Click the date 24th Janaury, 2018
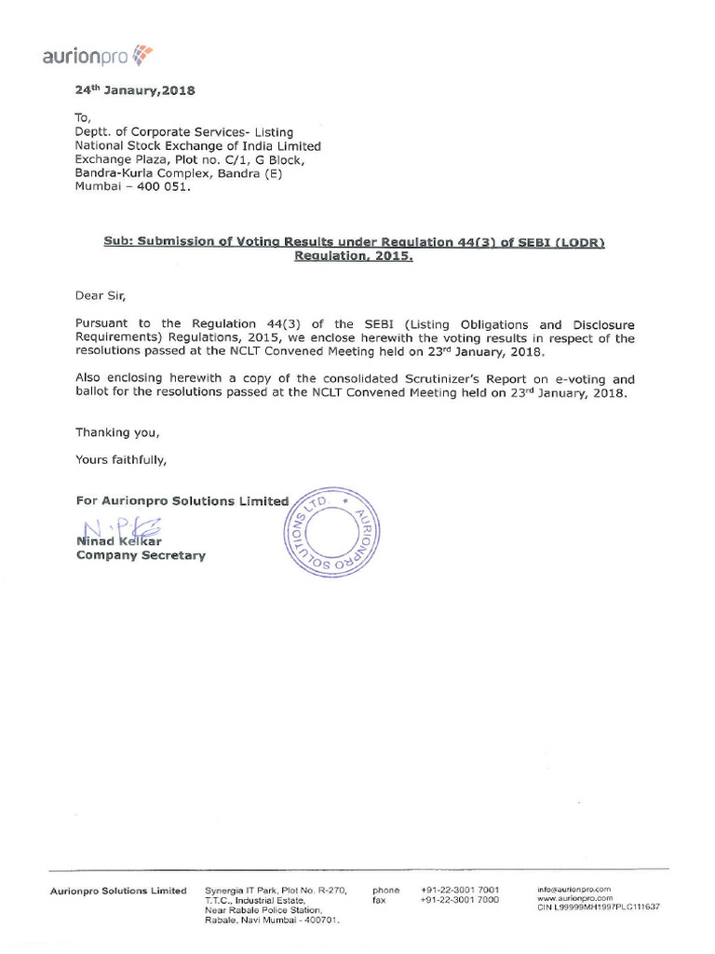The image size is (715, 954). [x=135, y=91]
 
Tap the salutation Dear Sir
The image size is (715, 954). [x=99, y=296]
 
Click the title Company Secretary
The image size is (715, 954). [x=141, y=556]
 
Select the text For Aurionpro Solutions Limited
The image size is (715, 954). [x=182, y=501]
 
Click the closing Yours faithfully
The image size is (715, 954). [x=121, y=459]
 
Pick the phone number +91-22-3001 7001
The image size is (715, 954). [x=459, y=890]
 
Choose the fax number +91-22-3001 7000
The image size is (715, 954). [x=459, y=900]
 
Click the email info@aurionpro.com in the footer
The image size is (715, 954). [x=573, y=890]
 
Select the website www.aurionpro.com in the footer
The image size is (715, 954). [x=574, y=898]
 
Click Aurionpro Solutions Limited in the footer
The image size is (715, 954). [x=118, y=891]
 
